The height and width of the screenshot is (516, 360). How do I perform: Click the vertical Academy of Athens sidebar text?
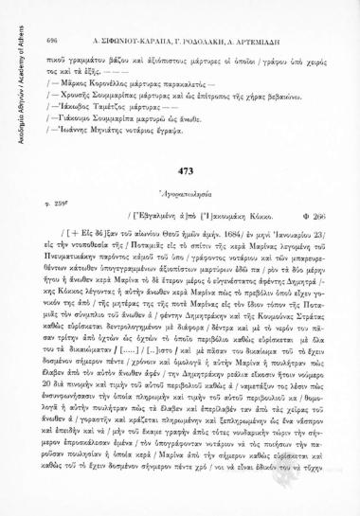click(10, 76)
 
